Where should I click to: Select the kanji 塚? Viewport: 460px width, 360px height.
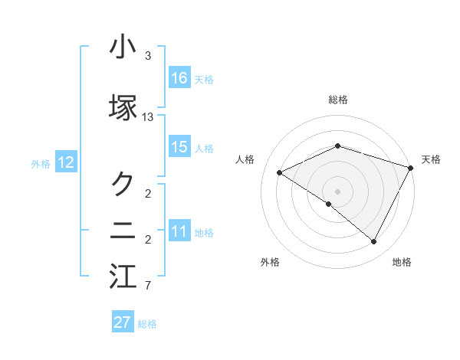[123, 108]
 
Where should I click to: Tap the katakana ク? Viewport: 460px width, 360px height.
[123, 183]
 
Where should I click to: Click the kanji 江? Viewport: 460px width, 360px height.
[123, 277]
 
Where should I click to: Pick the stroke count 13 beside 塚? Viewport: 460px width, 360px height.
[148, 117]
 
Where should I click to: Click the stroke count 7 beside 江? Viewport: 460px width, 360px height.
[148, 286]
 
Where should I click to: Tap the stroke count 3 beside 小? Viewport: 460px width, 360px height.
[148, 57]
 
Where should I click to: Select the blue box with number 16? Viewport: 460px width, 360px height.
[179, 78]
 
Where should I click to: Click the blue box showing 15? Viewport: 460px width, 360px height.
[179, 147]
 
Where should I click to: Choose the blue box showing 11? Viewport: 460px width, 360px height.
[179, 231]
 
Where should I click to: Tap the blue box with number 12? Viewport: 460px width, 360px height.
[66, 162]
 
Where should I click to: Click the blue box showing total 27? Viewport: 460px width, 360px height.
[123, 322]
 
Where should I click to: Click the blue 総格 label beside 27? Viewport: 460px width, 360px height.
[147, 324]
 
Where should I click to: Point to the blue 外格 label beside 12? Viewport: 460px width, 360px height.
[41, 163]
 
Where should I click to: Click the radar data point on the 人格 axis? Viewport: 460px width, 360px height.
[280, 173]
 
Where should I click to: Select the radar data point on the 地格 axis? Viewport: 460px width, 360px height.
[374, 242]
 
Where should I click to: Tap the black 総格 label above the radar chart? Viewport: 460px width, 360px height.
[338, 100]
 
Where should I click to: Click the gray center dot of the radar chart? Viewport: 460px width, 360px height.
[338, 191]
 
